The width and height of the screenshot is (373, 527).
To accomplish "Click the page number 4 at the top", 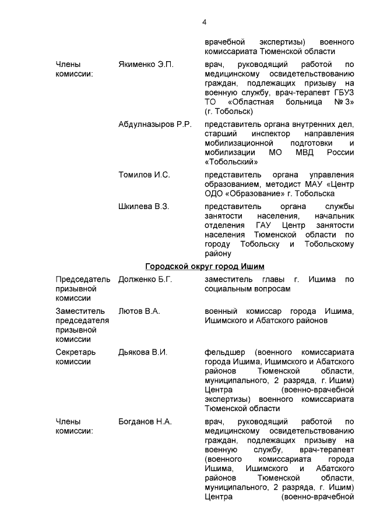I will [x=204, y=22].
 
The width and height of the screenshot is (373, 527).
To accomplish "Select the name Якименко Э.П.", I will [x=146, y=64].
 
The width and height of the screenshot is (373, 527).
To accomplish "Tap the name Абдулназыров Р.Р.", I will [x=155, y=125].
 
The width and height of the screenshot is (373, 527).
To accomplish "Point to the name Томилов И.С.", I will [x=144, y=174].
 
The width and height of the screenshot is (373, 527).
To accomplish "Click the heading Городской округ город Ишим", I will [x=205, y=267].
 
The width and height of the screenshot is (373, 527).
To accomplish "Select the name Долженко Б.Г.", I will [x=145, y=280].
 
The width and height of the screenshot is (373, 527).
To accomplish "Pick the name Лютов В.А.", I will [x=139, y=311].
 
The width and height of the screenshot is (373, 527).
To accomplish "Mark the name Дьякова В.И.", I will [x=143, y=352].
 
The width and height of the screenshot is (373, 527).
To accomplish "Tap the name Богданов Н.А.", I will [x=145, y=422].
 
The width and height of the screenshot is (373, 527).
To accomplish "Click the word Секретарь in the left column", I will [x=75, y=352].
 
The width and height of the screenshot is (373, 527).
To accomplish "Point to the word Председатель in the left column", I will [x=83, y=280].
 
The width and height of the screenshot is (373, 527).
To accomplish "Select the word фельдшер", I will [x=224, y=352].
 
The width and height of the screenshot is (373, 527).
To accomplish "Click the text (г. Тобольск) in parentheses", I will [x=228, y=111].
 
